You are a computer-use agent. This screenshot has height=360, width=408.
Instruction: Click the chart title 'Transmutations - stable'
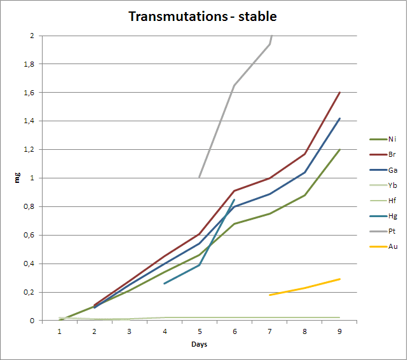point(203,16)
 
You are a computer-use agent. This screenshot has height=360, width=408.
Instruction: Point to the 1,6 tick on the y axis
point(28,93)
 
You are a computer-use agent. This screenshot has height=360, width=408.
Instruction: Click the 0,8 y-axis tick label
point(28,207)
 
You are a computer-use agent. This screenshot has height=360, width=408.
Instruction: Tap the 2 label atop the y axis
point(32,36)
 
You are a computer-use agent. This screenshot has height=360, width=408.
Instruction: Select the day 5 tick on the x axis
point(200,331)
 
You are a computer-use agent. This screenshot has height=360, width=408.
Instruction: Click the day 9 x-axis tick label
point(339,331)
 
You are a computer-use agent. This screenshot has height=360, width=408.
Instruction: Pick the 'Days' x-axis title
point(200,345)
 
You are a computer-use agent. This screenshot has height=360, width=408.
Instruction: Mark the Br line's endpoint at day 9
point(340,92)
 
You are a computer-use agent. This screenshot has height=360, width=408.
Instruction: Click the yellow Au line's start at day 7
point(270,295)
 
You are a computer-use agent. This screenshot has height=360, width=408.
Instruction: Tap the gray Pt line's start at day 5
point(200,177)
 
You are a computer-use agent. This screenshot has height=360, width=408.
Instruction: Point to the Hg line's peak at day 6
point(235,199)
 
